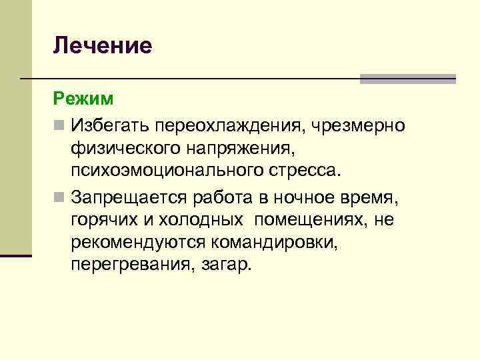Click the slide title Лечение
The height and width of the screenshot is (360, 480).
click(x=103, y=45)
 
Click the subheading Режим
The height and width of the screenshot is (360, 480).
click(x=83, y=99)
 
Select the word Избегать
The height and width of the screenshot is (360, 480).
click(x=109, y=125)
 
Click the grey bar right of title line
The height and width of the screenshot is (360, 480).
click(x=407, y=79)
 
